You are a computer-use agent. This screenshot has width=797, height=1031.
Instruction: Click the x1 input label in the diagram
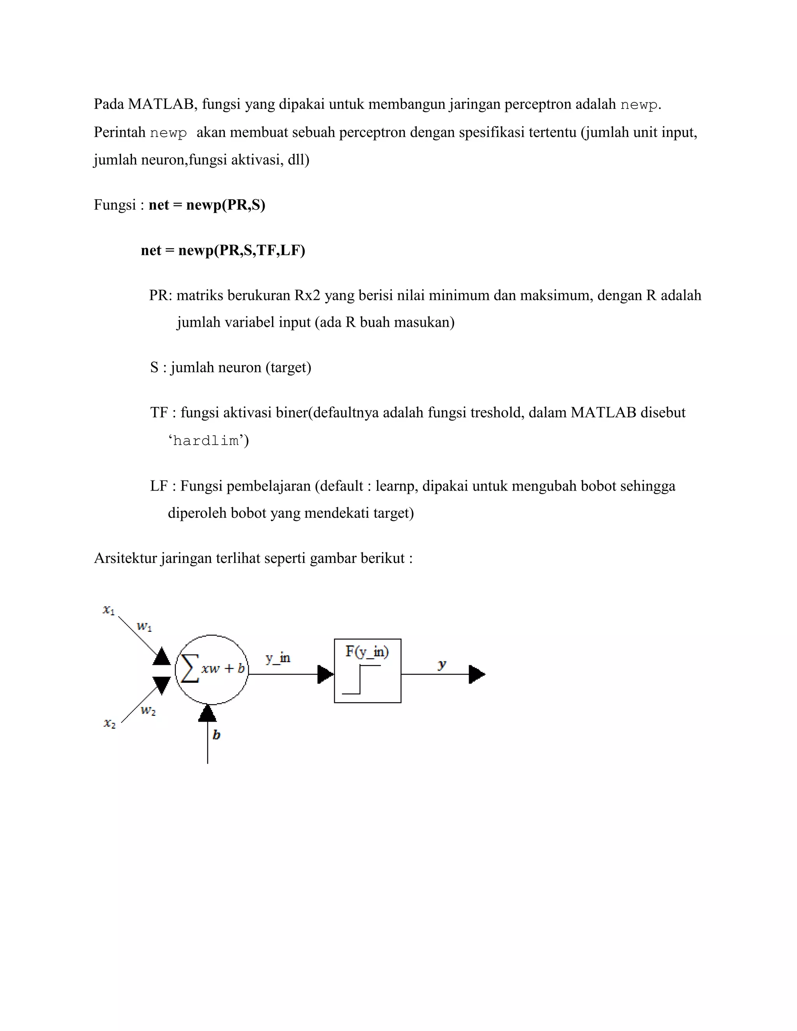pos(109,610)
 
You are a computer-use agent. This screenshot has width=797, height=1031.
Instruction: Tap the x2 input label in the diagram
pos(109,723)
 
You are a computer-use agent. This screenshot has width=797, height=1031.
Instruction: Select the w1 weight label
pos(144,627)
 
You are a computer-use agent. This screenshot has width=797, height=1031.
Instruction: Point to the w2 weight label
pos(148,710)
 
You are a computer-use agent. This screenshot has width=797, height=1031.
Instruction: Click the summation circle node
pos(212,670)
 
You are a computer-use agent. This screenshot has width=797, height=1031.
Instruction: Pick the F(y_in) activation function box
pos(367,671)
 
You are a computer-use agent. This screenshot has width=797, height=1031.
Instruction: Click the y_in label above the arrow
pos(277,658)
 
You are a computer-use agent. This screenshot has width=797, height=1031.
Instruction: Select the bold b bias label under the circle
pos(216,735)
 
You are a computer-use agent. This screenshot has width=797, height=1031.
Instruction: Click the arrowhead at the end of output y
pos(476,674)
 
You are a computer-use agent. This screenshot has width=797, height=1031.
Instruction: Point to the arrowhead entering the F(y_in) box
pos(325,674)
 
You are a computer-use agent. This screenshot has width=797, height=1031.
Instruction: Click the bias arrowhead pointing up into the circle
pos(207,713)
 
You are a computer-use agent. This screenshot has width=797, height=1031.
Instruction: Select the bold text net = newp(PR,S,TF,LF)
pos(223,250)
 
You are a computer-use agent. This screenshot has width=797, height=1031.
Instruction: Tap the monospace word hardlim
pos(206,441)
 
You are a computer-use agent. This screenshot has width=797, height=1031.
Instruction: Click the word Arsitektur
pos(125,558)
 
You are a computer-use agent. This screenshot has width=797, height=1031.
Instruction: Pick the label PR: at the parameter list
pos(161,296)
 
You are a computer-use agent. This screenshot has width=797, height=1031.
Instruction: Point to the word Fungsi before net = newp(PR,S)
pos(115,205)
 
